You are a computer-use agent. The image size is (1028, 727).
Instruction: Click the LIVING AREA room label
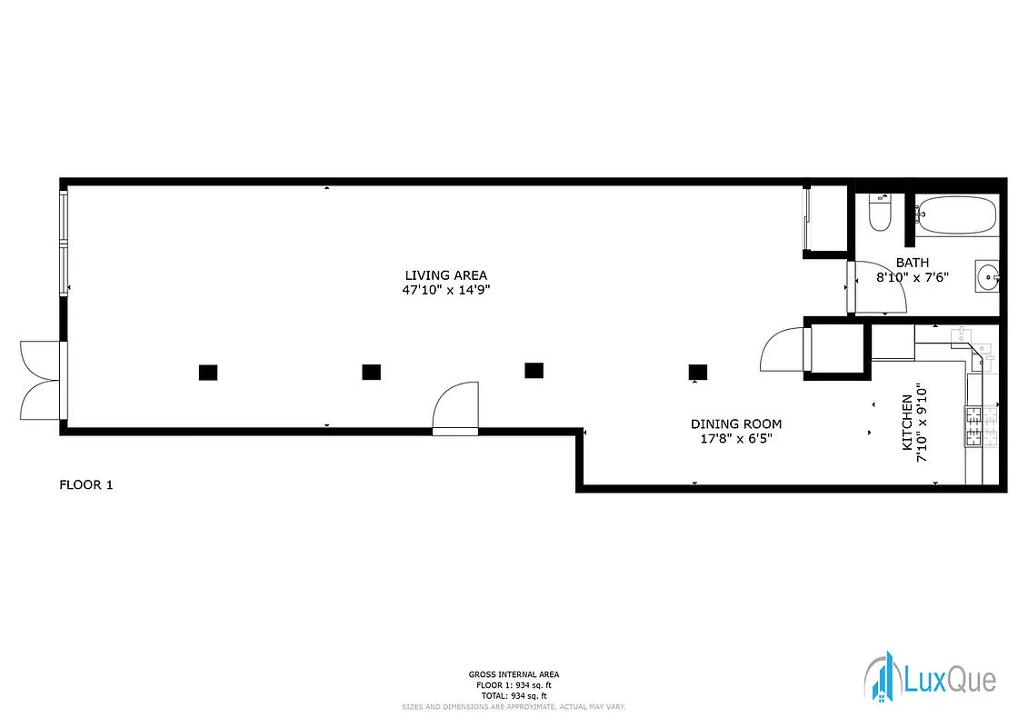pos(445,275)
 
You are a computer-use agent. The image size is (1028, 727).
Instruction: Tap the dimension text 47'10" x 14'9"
pos(445,291)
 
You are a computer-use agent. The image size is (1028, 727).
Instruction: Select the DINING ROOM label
pos(735,423)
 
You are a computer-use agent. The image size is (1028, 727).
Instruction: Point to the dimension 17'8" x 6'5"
pos(735,439)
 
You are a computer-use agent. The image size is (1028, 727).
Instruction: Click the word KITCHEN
pos(906,423)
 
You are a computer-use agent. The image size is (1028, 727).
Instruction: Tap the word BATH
pos(912,263)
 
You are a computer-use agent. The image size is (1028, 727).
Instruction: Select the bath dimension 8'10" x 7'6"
pos(912,277)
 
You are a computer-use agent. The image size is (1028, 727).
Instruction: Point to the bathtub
pos(954,216)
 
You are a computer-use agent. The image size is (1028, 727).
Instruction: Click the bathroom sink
pos(986,275)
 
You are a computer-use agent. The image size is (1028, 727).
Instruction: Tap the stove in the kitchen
pos(982,427)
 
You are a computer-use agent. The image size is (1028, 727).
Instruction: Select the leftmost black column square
pos(208,372)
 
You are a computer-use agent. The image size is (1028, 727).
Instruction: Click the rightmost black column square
pos(698,371)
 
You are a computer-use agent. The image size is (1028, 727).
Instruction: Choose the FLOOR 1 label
pos(86,484)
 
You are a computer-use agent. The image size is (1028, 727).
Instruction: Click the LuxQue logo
pos(929,679)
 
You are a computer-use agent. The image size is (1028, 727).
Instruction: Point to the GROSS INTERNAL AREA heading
pos(514,674)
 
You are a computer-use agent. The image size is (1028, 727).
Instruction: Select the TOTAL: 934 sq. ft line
pos(514,695)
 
